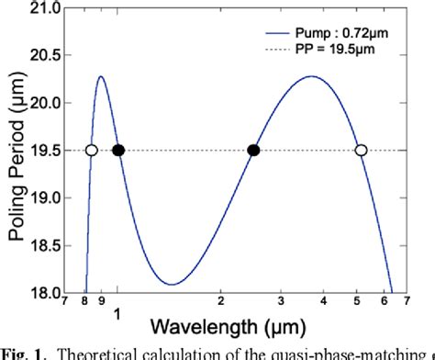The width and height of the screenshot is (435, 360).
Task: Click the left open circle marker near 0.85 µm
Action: click(x=91, y=151)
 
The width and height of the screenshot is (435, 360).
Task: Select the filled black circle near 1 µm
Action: click(x=118, y=151)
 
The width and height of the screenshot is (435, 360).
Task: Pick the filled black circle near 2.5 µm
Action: click(x=254, y=151)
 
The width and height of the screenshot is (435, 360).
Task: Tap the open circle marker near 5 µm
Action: click(x=361, y=151)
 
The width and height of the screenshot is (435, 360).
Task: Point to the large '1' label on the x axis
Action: click(x=117, y=314)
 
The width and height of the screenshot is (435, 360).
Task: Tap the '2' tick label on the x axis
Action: click(x=221, y=300)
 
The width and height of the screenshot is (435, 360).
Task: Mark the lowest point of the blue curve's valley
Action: click(x=171, y=284)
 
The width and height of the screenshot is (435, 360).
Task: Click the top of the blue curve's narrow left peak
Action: click(x=101, y=76)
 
